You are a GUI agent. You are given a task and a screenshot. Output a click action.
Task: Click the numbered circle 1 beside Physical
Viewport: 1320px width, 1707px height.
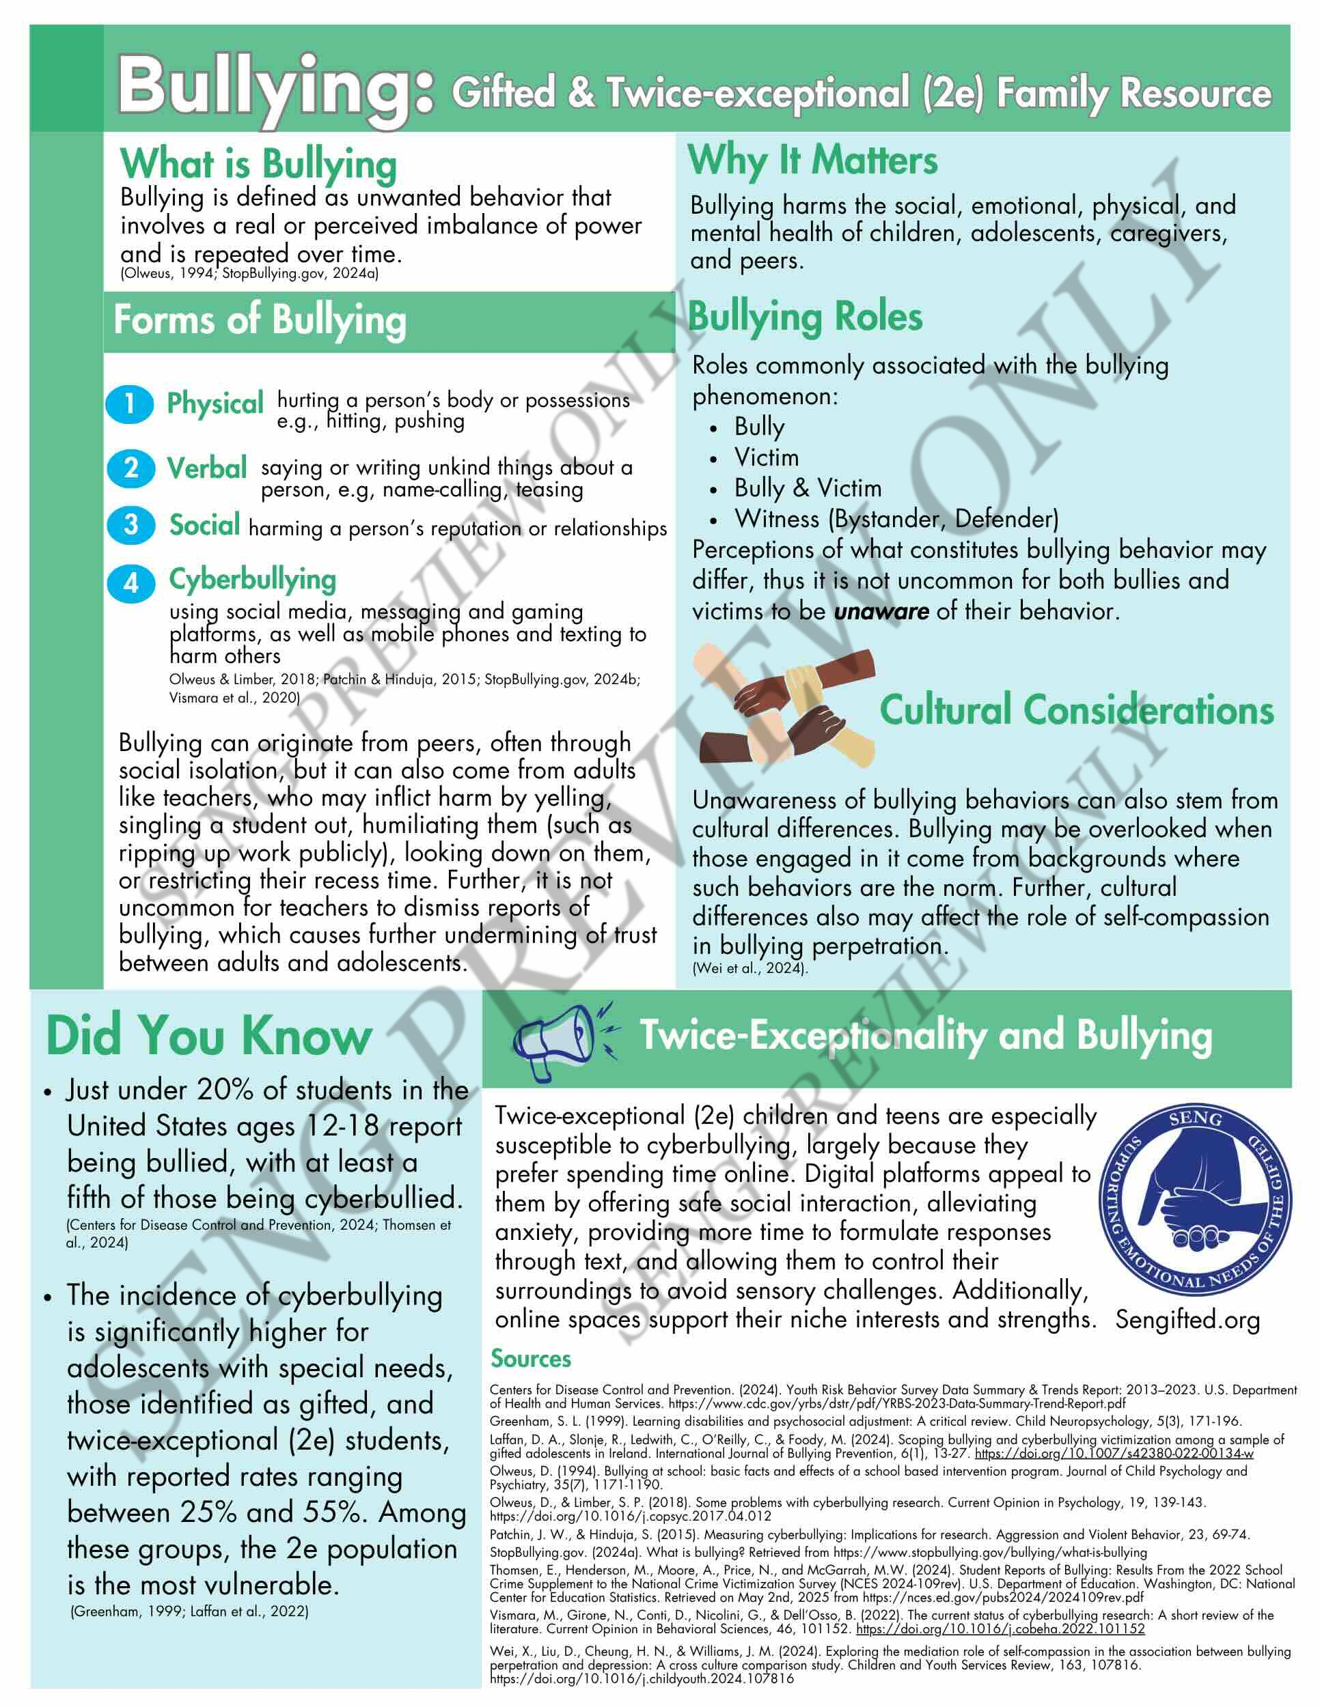coord(130,404)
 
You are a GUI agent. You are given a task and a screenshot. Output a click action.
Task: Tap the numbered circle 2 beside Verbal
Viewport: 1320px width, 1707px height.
coord(130,469)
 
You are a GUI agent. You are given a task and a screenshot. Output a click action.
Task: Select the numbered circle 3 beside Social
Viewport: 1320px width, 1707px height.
coord(130,524)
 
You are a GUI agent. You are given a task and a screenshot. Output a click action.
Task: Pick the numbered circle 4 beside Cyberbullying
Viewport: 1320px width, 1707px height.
coord(130,583)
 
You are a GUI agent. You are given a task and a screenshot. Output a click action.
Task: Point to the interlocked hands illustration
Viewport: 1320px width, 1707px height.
coord(784,707)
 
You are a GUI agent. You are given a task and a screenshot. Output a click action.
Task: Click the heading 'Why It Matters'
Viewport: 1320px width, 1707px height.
coord(812,161)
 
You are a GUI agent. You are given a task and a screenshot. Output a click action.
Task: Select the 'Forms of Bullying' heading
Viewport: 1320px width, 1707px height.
coord(260,320)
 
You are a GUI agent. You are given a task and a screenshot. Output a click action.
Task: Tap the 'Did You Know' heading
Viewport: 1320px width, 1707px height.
coord(209,1036)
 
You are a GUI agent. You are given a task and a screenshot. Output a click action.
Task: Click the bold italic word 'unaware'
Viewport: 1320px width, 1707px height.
coord(881,611)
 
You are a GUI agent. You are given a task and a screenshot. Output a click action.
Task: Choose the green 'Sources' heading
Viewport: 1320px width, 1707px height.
coord(530,1358)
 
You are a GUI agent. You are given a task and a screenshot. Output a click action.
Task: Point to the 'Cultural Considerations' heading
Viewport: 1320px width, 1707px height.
coord(1076,711)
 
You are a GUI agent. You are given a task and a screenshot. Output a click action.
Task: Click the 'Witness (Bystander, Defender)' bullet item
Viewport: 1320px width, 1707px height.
coord(896,519)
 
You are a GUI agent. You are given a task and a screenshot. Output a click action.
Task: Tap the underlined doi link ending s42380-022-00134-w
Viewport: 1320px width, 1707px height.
coord(1114,1454)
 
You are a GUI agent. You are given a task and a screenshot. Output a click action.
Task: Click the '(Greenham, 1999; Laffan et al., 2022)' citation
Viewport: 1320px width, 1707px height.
coord(189,1611)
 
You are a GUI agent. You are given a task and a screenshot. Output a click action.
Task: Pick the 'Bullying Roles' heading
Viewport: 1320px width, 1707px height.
coord(805,317)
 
